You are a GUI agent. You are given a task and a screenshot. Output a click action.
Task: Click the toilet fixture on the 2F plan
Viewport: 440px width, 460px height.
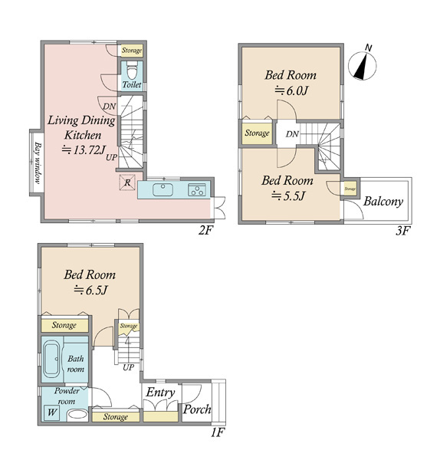[131, 71]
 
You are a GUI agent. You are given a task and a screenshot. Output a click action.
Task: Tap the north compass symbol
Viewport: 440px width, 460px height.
[363, 65]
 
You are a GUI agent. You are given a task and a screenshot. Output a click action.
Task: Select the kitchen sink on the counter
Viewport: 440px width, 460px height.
[163, 189]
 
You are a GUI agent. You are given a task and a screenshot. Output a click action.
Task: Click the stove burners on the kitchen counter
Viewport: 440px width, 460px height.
[197, 189]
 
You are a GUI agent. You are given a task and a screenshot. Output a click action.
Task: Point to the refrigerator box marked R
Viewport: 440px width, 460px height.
[127, 182]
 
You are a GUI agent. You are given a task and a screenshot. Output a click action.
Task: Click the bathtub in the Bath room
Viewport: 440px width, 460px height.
[51, 359]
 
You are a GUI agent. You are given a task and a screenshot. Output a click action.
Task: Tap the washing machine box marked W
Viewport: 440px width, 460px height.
[51, 412]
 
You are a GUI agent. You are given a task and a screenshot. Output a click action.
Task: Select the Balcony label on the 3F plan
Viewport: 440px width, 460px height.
[383, 202]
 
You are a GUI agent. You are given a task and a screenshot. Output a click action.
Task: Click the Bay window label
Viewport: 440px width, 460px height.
[38, 163]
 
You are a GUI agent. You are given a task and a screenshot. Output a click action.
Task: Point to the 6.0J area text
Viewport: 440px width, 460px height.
[291, 91]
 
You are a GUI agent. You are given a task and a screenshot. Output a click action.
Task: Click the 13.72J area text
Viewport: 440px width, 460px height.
[84, 150]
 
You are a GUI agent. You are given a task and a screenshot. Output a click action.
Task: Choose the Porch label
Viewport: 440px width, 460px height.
[197, 409]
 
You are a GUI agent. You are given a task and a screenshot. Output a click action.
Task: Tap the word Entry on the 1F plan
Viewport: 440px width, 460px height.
[160, 393]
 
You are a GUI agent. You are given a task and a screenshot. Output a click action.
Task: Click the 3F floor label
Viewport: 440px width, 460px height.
[402, 232]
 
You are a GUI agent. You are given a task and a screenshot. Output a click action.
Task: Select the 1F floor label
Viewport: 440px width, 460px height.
[218, 433]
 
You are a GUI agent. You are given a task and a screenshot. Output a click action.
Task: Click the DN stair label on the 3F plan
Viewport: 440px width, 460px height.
[292, 134]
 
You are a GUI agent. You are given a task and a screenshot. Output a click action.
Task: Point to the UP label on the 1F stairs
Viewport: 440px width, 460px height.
[128, 367]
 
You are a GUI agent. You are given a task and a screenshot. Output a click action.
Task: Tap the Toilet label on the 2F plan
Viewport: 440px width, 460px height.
[132, 85]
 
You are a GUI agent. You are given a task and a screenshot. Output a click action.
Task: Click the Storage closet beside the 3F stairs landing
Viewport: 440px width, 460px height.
[257, 133]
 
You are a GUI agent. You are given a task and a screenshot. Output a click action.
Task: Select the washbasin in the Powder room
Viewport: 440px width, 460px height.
[77, 415]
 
